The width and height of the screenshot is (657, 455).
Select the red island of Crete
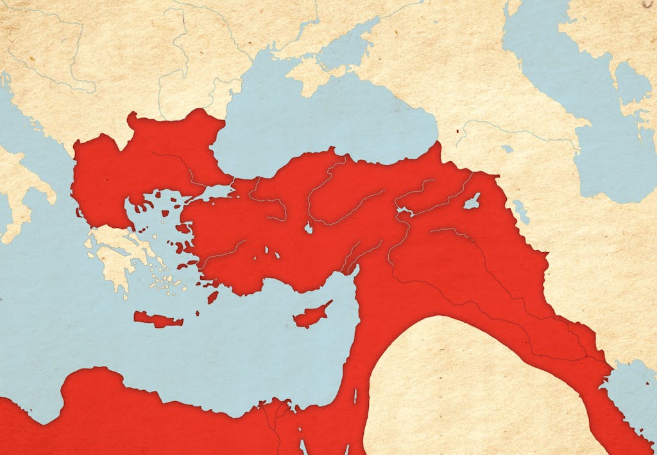(158, 319)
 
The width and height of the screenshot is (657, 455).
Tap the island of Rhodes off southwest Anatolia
(212, 297)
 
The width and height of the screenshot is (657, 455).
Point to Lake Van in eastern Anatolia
(472, 202)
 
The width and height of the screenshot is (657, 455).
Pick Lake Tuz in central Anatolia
(309, 228)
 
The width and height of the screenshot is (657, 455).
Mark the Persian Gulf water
(632, 391)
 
